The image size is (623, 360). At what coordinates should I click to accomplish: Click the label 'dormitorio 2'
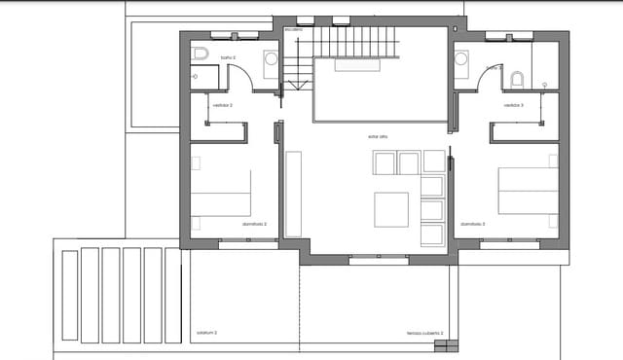(254, 224)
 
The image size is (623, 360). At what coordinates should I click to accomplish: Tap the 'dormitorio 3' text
(472, 224)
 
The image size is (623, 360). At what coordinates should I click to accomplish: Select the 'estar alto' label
(379, 136)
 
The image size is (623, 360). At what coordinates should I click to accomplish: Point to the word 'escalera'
(294, 30)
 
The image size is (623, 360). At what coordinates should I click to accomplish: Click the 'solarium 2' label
(206, 333)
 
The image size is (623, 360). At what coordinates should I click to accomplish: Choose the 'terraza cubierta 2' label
(424, 333)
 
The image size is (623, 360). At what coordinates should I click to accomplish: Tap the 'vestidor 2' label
(223, 105)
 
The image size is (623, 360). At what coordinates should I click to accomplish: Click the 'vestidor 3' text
(514, 105)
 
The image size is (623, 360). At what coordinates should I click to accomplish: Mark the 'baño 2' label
(228, 58)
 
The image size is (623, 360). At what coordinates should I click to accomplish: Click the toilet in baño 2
(201, 53)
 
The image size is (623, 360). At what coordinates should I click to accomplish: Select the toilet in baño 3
(517, 79)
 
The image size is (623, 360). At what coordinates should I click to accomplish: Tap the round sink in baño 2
(271, 59)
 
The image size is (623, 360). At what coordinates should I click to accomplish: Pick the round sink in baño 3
(460, 59)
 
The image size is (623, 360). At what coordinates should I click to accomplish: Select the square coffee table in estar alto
(392, 208)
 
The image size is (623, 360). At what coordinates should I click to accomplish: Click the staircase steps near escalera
(356, 42)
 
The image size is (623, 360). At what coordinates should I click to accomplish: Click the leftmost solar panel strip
(69, 295)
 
